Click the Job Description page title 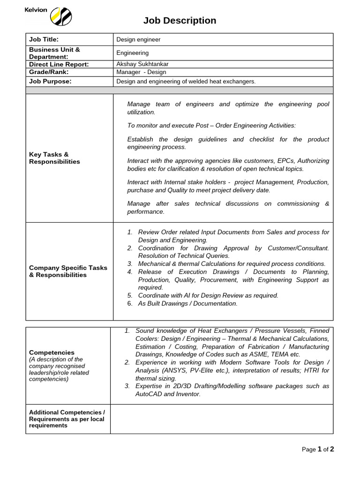180,21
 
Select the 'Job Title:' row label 44,39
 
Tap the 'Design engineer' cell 138,40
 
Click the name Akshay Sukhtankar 142,64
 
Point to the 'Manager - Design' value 141,72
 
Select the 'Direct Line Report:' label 59,64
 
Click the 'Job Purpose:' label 50,81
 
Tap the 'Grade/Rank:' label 49,72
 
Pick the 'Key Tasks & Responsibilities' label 54,158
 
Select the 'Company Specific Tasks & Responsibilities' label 68,271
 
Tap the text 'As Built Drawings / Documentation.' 187,304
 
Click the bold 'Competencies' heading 52,352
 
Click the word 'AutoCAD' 149,394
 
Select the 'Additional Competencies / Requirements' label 67,419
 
